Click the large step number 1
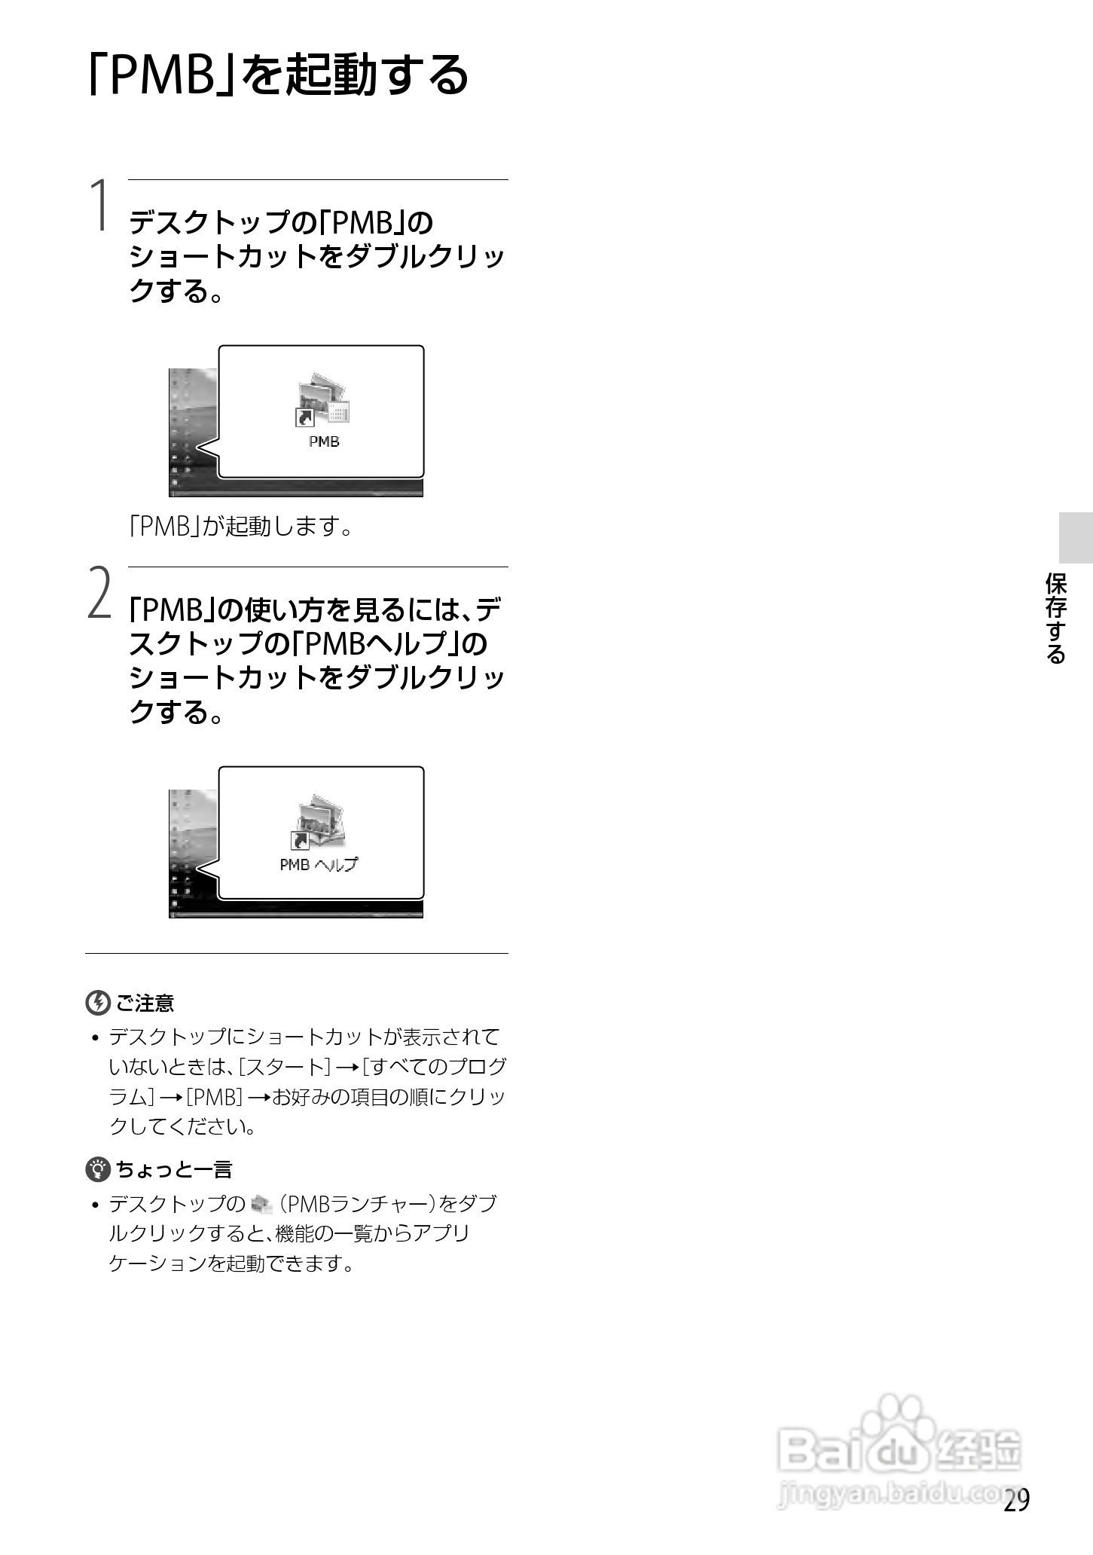(x=99, y=206)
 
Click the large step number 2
(x=99, y=594)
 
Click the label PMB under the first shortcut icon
(x=324, y=442)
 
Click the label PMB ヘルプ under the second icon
(x=319, y=865)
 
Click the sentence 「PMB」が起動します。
(x=241, y=527)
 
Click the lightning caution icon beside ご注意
(x=97, y=1003)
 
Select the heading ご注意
(x=145, y=1004)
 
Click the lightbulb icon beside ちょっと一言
(x=97, y=1169)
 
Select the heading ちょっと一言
(x=174, y=1170)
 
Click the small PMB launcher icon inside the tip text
(x=261, y=1205)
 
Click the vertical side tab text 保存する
(x=1056, y=619)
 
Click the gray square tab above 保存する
(x=1075, y=537)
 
